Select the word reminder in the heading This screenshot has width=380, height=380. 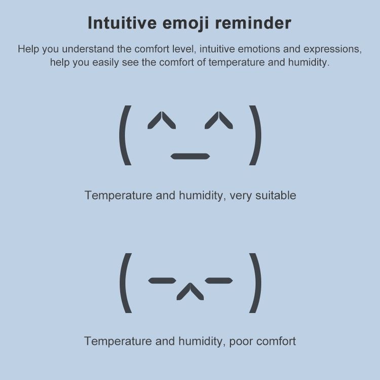(x=253, y=23)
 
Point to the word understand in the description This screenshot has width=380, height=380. (x=88, y=49)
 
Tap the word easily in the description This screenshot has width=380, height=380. (x=106, y=63)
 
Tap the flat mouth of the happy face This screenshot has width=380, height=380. (x=190, y=157)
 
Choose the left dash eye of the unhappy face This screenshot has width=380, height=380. (x=162, y=281)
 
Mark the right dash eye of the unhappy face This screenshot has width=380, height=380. (x=219, y=281)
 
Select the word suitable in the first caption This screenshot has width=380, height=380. (x=276, y=196)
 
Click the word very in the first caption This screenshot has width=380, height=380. (x=241, y=196)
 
